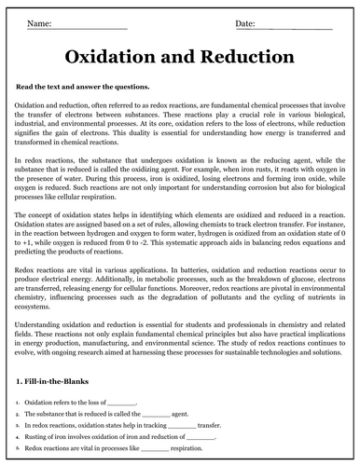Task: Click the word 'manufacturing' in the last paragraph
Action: tap(138, 355)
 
